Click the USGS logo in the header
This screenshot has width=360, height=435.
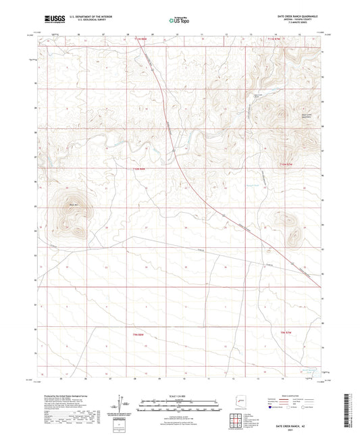[50, 21]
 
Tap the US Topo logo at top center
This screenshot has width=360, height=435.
[178, 21]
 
